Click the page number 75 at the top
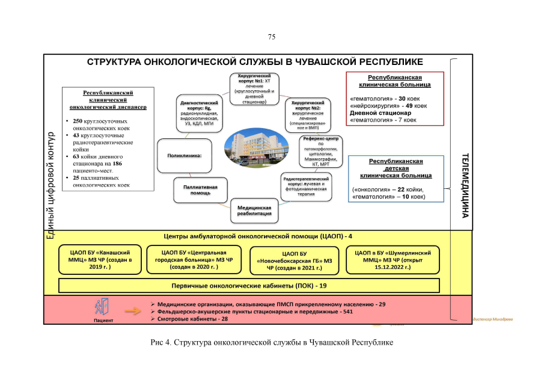click(272, 37)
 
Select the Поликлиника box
click(185, 156)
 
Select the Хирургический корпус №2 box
click(308, 114)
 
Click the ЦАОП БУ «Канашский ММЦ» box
click(100, 259)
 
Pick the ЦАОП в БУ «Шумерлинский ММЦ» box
click(393, 259)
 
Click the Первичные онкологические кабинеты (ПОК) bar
click(249, 285)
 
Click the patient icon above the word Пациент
click(100, 307)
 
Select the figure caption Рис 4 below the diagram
click(272, 342)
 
